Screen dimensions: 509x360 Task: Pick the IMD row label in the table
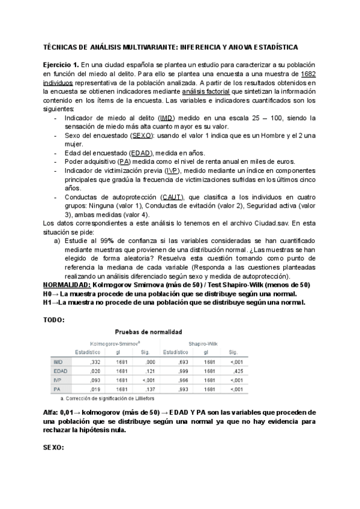pyautogui.click(x=58, y=362)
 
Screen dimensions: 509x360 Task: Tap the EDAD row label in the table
pyautogui.click(x=59, y=372)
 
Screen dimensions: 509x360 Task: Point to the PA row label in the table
pyautogui.click(x=58, y=390)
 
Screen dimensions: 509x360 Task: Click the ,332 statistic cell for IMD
pyautogui.click(x=94, y=362)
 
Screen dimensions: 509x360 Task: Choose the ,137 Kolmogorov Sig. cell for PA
pyautogui.click(x=145, y=390)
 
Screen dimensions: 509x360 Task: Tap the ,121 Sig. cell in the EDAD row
pyautogui.click(x=145, y=372)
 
